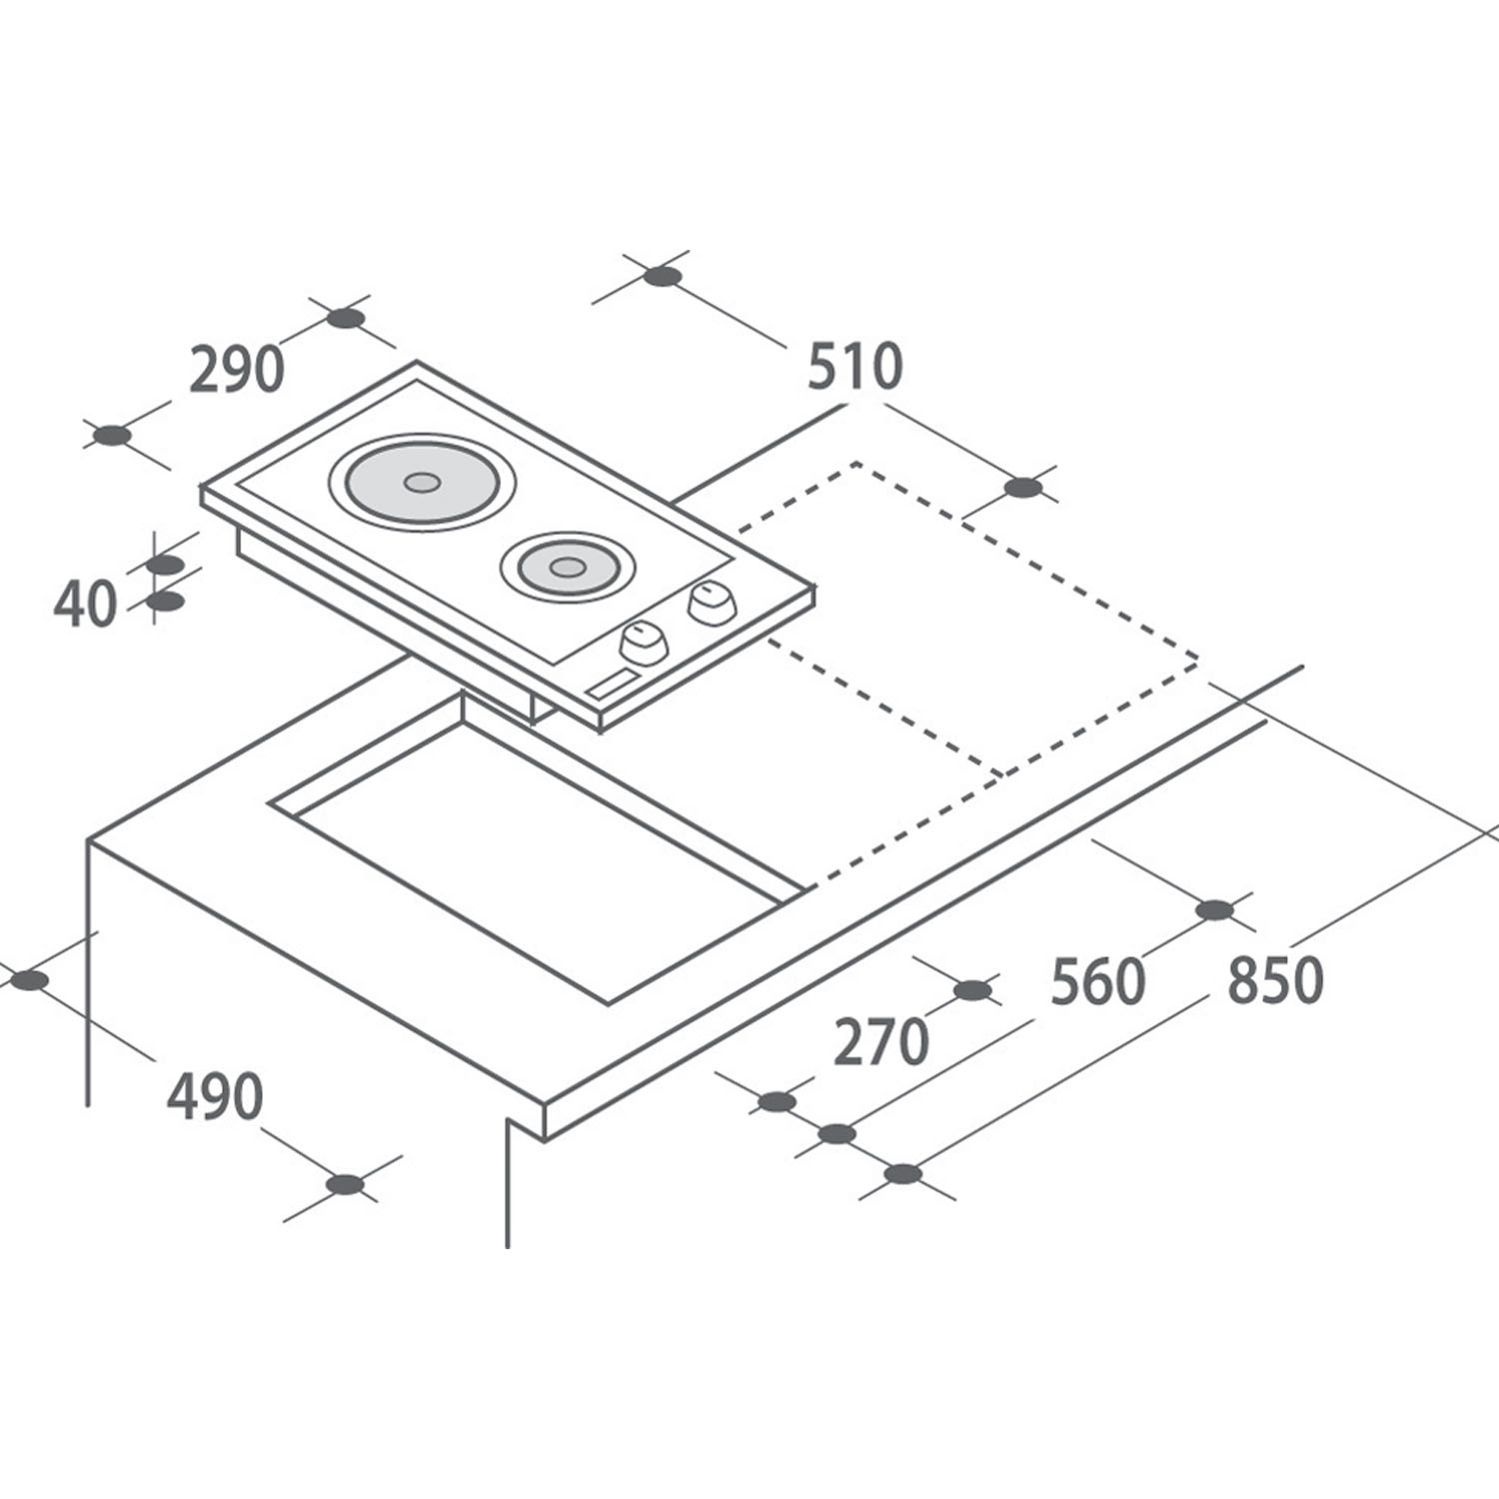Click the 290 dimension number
(237, 370)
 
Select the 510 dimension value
(854, 367)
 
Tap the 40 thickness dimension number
(85, 605)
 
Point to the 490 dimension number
(215, 1096)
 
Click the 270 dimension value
(881, 1042)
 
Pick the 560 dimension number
(1097, 982)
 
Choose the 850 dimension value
(1275, 980)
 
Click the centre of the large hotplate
(421, 482)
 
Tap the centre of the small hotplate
(567, 568)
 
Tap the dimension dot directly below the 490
(346, 1185)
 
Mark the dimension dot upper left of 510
(663, 277)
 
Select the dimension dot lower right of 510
(1022, 488)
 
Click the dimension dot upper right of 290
(346, 319)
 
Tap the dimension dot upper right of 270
(971, 990)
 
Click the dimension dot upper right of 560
(1214, 910)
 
